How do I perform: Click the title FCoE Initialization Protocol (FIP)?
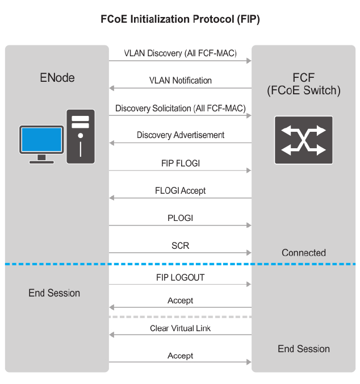180,19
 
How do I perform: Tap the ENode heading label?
57,77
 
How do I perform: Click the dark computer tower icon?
81,136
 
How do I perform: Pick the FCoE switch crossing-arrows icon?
304,140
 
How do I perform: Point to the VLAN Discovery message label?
180,53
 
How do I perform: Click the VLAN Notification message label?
180,81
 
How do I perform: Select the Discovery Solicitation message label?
180,108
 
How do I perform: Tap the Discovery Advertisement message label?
180,135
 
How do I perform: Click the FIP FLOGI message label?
180,163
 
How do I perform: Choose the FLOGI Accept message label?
180,190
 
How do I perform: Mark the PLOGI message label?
180,218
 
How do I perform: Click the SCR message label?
180,245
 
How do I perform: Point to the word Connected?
304,253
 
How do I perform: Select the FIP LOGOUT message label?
180,278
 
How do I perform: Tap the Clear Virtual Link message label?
180,328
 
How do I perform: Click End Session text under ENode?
55,293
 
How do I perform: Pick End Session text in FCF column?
304,349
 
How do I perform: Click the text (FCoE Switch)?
304,91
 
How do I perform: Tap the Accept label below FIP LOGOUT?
180,300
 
